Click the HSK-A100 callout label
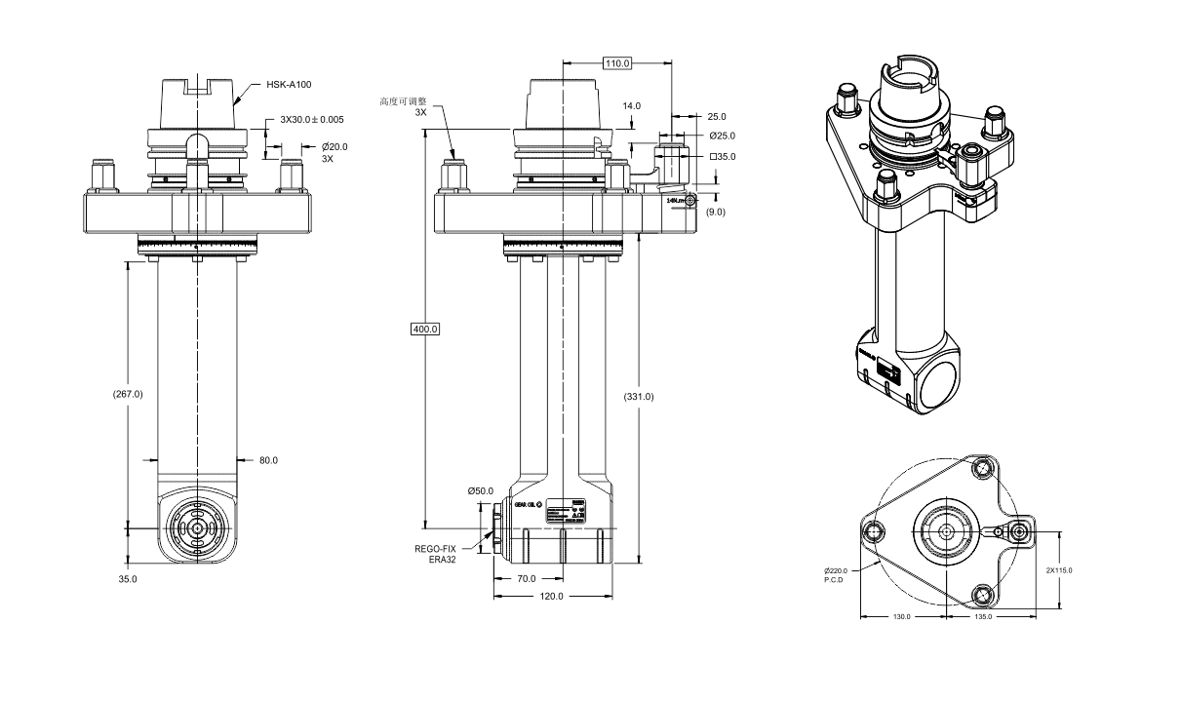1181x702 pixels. (289, 86)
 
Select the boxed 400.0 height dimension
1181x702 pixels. (425, 329)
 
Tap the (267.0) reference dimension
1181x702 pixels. (128, 394)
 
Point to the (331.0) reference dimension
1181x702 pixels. (638, 397)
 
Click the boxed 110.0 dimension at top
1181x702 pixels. (617, 63)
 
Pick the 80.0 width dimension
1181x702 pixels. (268, 460)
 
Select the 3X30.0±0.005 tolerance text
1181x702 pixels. (312, 119)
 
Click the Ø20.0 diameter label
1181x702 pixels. (335, 146)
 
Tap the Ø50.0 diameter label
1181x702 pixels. (480, 491)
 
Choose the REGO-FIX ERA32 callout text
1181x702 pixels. (436, 554)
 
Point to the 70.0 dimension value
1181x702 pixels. (527, 578)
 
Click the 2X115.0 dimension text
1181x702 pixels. (1058, 570)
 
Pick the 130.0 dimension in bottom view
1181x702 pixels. (902, 616)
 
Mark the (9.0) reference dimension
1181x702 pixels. (716, 212)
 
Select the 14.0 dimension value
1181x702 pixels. (632, 105)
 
